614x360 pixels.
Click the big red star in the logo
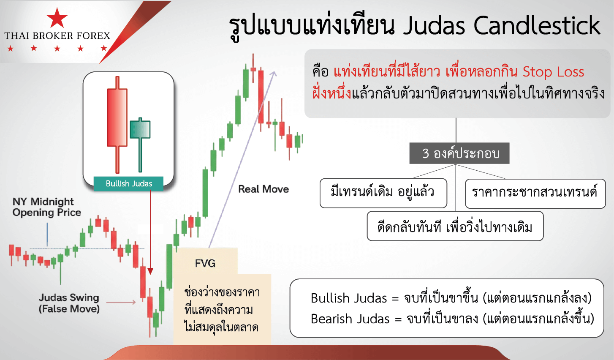(x=57, y=18)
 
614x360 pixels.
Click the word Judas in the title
(x=434, y=25)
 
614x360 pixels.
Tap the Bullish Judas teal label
(x=128, y=183)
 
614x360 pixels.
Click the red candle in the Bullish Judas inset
(x=117, y=125)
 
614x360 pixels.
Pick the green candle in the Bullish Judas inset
(x=140, y=145)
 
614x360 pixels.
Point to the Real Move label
(x=264, y=189)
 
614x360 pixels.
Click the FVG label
(x=205, y=263)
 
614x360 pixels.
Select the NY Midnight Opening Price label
(x=46, y=207)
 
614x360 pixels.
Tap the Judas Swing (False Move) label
(x=69, y=303)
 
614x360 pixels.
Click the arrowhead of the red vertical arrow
(x=150, y=271)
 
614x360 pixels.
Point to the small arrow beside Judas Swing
(x=121, y=302)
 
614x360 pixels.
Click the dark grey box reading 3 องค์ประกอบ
(x=459, y=153)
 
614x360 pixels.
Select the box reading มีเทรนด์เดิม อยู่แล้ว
(x=383, y=193)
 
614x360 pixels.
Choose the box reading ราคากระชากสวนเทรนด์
(x=535, y=194)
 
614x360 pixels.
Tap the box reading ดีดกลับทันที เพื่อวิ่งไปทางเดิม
(x=455, y=226)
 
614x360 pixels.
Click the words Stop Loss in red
(x=553, y=72)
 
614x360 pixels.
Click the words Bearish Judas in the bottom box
(x=350, y=319)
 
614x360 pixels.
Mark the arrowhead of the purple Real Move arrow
(x=274, y=74)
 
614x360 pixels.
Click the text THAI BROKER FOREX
(x=57, y=35)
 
